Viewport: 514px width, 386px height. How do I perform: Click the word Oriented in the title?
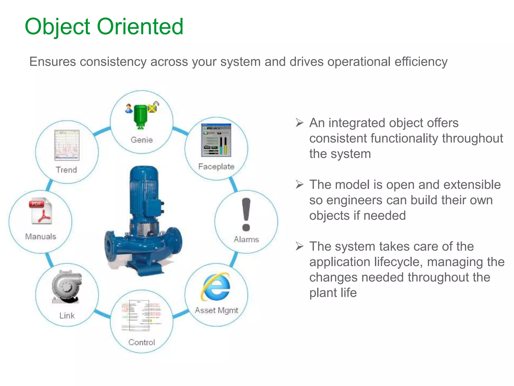(140, 26)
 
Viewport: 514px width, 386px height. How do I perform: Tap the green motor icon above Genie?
(141, 116)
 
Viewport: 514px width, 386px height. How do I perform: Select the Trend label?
(66, 170)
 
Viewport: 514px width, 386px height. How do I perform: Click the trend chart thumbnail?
(67, 145)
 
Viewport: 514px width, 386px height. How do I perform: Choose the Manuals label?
(41, 236)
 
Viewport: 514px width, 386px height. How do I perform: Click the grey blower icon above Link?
(67, 286)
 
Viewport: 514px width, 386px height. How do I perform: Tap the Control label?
(142, 342)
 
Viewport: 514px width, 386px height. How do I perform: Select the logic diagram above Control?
(141, 315)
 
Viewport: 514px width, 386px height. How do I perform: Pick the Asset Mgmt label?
(216, 310)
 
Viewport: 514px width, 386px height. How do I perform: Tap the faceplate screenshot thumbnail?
(216, 140)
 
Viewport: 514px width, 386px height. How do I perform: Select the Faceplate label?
(216, 166)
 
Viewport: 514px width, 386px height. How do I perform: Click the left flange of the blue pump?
(110, 246)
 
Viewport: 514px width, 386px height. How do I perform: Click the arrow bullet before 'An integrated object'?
(299, 123)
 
